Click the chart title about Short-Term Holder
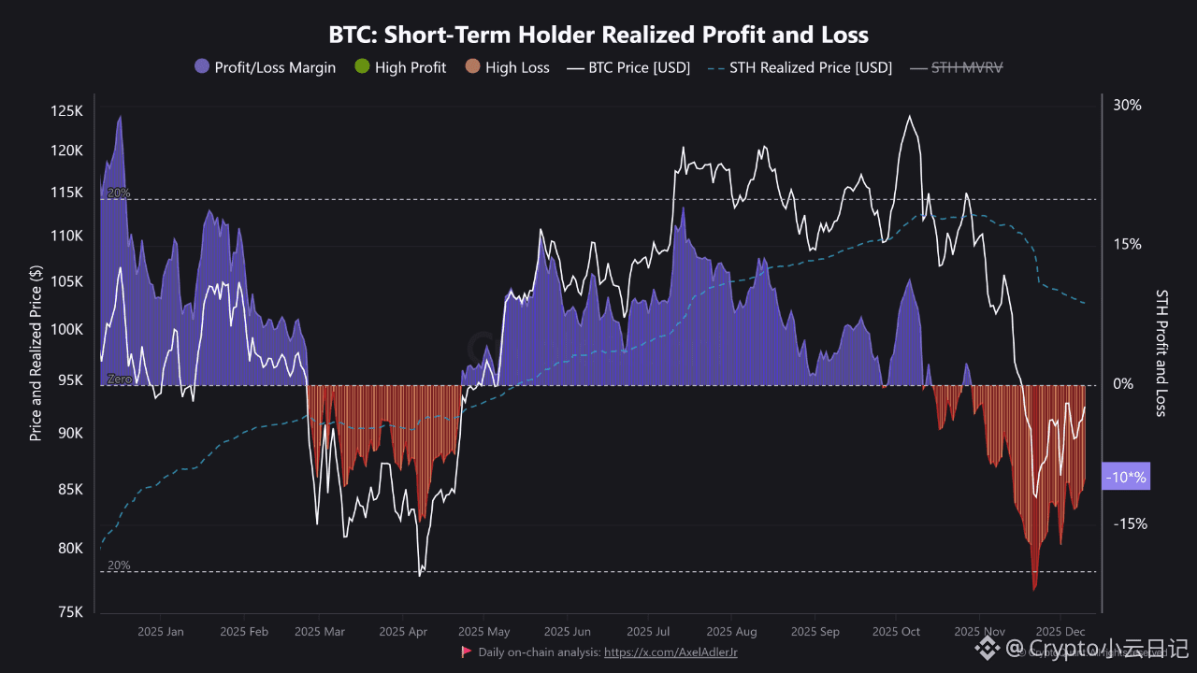(x=598, y=36)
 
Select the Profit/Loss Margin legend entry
(x=265, y=67)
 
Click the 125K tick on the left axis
(x=66, y=111)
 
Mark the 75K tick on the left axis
(x=69, y=612)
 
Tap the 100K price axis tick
(x=66, y=330)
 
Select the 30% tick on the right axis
(x=1127, y=106)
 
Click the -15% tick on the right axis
(x=1128, y=523)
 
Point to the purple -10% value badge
(x=1126, y=478)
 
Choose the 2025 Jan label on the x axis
(x=161, y=632)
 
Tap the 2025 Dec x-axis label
(x=1060, y=632)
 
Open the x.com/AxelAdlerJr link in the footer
(x=671, y=652)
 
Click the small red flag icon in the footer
(x=466, y=652)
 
